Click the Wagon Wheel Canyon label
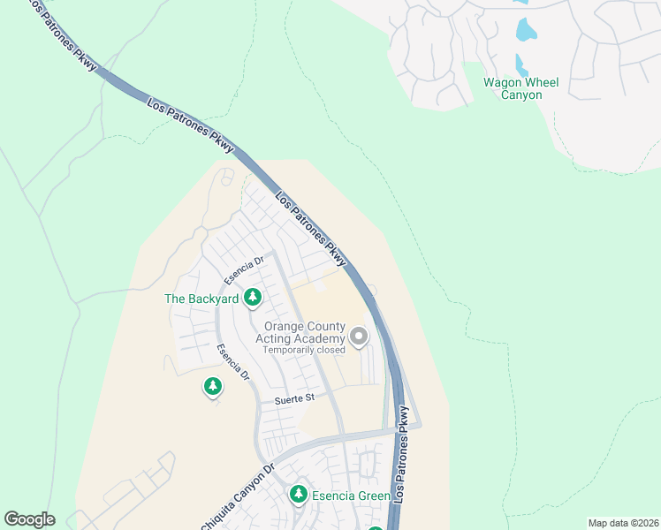(x=520, y=88)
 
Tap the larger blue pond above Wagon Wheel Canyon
(x=526, y=31)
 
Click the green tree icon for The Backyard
(x=253, y=298)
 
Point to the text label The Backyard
(x=201, y=299)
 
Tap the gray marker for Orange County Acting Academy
(x=359, y=336)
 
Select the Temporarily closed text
(x=303, y=350)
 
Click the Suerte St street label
(x=296, y=399)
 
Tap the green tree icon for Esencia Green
(x=299, y=495)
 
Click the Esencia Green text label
(x=350, y=496)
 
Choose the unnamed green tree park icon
(x=212, y=385)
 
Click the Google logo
(x=29, y=519)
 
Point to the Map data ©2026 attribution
(x=623, y=523)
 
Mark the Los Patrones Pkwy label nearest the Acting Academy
(x=311, y=230)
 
